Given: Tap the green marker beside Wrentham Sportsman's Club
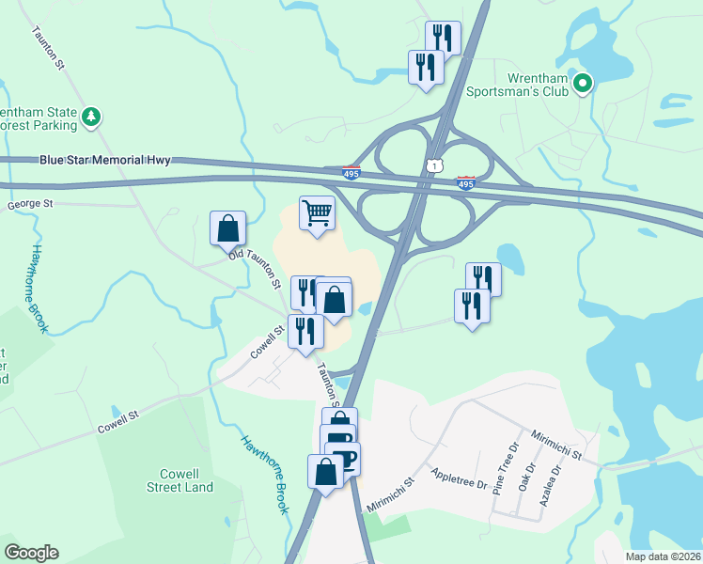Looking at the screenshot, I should pyautogui.click(x=583, y=85).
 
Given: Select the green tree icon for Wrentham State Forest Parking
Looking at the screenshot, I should pyautogui.click(x=91, y=117).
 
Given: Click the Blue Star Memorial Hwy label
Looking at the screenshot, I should pyautogui.click(x=105, y=161).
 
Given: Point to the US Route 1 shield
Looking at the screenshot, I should pyautogui.click(x=432, y=165).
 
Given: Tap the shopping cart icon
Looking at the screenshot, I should pyautogui.click(x=318, y=212).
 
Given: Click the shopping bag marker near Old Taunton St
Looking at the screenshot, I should pyautogui.click(x=227, y=228).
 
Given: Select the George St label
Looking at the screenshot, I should pyautogui.click(x=30, y=203).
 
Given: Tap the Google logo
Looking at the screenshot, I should pyautogui.click(x=31, y=553).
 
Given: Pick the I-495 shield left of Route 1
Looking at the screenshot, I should pyautogui.click(x=351, y=172).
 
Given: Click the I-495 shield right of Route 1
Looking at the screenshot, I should pyautogui.click(x=465, y=181).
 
